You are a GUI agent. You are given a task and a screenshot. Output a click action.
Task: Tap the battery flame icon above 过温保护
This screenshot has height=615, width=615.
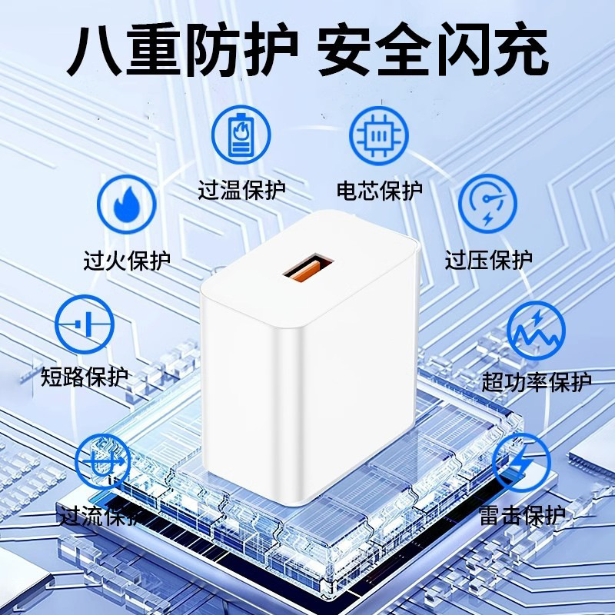pos(241,135)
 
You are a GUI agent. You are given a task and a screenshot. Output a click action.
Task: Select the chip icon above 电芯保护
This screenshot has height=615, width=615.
pos(379,136)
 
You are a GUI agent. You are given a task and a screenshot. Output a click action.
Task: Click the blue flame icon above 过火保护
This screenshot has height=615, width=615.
pos(127,204)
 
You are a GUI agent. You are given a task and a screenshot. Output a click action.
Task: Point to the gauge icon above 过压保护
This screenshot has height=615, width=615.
pos(488,204)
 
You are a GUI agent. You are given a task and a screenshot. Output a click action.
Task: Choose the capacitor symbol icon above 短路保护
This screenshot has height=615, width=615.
pos(85,324)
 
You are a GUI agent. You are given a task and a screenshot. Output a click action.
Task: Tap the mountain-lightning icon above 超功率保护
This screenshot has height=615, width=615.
pos(536,331)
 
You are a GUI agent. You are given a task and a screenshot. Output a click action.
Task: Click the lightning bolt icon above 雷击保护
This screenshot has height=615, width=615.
pos(522,463)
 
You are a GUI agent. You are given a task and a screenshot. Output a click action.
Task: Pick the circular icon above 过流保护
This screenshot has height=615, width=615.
pos(103,462)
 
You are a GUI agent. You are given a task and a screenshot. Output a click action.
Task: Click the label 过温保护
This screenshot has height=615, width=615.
pos(241,190)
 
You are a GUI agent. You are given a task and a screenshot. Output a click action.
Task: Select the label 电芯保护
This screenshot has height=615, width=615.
pos(379,191)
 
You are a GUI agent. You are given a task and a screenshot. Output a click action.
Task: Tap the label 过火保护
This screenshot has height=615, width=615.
pos(127,260)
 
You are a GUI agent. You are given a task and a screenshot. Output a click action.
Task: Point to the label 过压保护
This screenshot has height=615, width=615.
pos(489,260)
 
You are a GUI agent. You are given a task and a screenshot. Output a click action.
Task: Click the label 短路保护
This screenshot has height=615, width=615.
pos(85,377)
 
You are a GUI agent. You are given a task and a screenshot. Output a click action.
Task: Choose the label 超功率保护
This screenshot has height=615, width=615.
pos(537,381)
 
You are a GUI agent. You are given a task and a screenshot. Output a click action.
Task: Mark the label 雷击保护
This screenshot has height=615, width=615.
pos(522,515)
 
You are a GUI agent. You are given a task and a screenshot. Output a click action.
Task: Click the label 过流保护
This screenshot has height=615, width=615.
pos(100,515)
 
